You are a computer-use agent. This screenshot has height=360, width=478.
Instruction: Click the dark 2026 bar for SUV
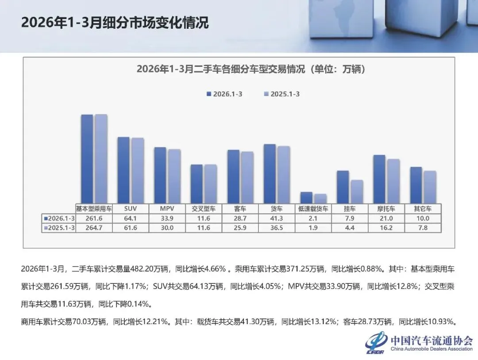(123, 170)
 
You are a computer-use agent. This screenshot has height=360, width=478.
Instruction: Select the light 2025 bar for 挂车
(357, 192)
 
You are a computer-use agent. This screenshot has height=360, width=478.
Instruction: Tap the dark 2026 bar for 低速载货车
(306, 197)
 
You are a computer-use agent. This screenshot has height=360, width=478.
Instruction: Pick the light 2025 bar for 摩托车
(393, 181)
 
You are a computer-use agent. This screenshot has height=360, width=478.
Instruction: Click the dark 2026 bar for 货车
(270, 174)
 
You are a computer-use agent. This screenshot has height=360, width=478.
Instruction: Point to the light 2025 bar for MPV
(174, 176)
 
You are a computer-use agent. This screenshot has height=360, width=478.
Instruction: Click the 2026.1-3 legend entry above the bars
(224, 94)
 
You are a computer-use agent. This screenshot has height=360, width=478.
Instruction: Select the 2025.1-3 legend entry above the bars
(281, 94)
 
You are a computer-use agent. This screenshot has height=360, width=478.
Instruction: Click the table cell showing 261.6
(94, 218)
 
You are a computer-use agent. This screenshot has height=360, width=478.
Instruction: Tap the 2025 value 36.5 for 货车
(277, 228)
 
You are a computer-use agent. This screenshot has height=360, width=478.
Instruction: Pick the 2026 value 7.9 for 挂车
(350, 218)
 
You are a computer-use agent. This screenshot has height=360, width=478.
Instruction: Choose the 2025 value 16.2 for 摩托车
(386, 228)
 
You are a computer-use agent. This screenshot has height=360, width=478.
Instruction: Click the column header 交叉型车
(204, 209)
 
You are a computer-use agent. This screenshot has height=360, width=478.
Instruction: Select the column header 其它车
(423, 209)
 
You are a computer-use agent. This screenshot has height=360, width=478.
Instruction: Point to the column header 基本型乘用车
(94, 209)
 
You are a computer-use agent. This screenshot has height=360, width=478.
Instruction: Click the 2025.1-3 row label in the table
(59, 228)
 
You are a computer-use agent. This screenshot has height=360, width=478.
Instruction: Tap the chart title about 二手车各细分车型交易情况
(251, 69)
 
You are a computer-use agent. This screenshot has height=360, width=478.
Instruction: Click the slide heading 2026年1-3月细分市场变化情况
(115, 23)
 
